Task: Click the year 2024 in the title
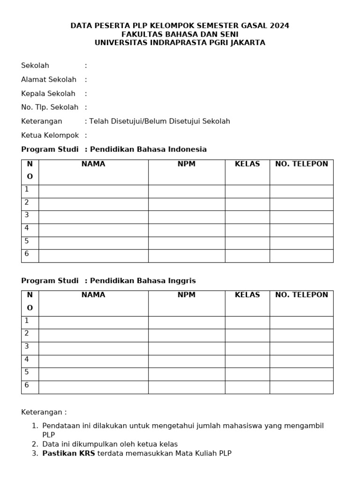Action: pos(280,26)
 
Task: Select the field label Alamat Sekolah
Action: pos(49,80)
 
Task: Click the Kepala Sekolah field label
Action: pos(48,94)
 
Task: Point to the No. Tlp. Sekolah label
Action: pos(50,107)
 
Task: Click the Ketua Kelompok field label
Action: pos(50,135)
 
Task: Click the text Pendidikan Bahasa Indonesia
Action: pos(148,150)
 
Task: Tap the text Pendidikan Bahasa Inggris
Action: pos(142,281)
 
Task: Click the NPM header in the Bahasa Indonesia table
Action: pos(187,164)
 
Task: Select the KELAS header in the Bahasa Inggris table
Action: pos(247,295)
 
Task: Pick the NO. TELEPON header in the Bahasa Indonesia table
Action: pos(301,164)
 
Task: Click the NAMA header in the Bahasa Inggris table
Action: pos(93,295)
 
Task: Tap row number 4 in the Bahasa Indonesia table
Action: pos(27,228)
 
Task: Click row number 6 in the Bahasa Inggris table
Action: pos(27,385)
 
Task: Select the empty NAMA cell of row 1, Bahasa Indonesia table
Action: pos(93,191)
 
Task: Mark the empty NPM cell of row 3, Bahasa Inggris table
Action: pos(187,348)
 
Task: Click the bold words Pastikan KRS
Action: pos(68,453)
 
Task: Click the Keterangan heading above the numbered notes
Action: pos(44,412)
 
